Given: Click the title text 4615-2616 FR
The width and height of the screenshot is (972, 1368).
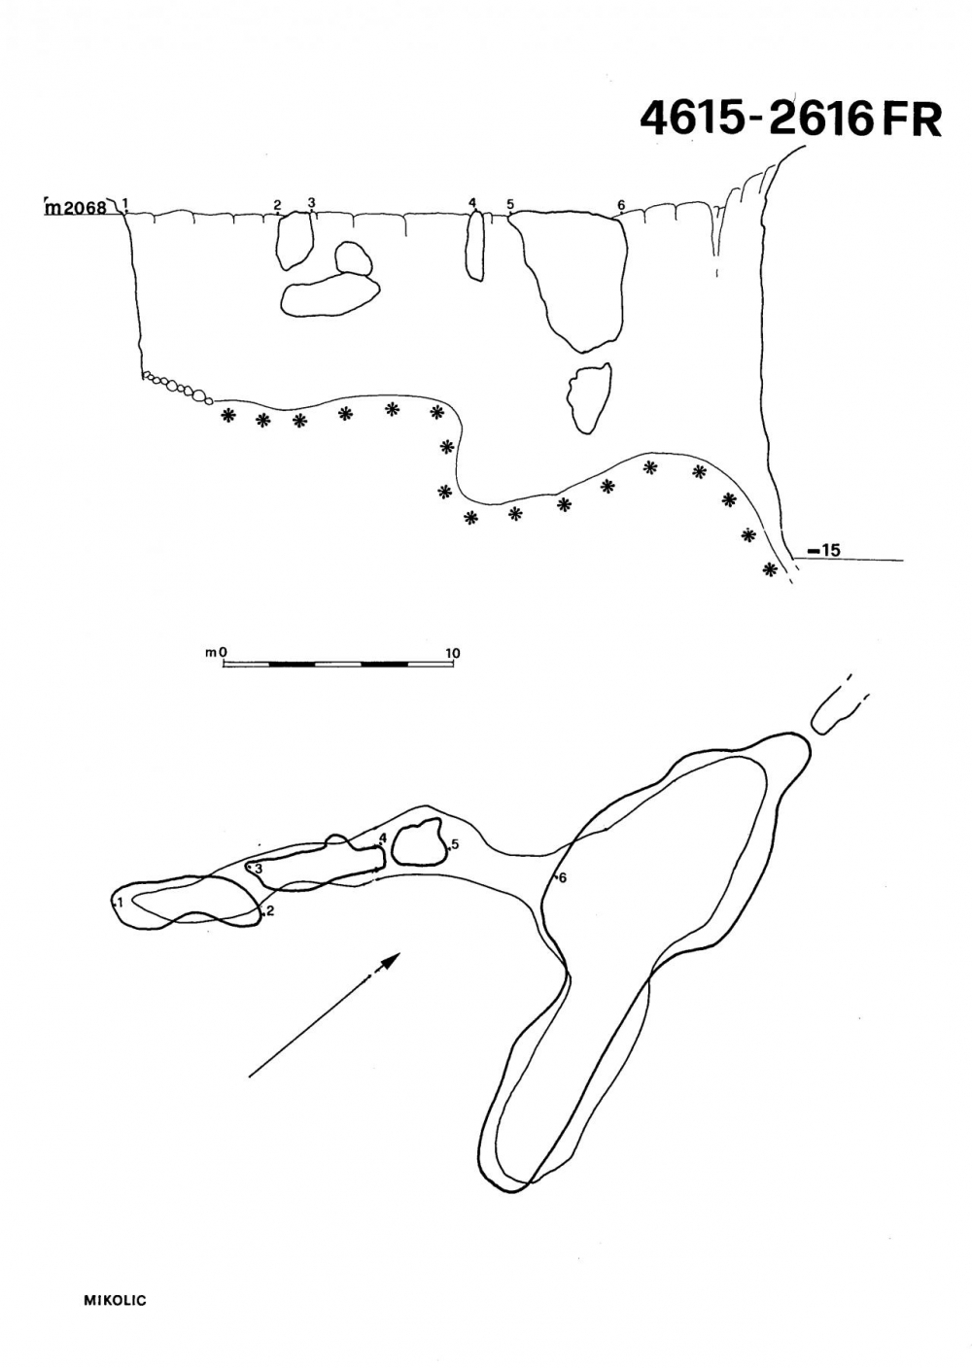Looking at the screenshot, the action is click(x=790, y=119).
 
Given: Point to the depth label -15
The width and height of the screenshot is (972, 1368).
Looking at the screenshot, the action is click(x=824, y=550).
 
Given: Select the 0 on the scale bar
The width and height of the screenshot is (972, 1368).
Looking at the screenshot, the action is click(x=224, y=652).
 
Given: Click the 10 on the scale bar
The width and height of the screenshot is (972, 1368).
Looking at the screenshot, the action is click(x=452, y=652).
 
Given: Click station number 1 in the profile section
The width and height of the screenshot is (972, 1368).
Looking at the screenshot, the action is click(x=125, y=202).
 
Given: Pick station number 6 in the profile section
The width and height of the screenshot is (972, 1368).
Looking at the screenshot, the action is click(x=621, y=205).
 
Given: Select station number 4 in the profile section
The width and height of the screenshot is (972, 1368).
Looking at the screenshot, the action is click(x=472, y=202).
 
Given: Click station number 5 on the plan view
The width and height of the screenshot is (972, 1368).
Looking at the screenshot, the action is click(x=455, y=845).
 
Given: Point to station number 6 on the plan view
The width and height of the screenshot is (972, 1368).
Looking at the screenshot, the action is click(x=563, y=878).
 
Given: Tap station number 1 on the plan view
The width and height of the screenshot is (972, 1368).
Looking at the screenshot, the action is click(x=121, y=902).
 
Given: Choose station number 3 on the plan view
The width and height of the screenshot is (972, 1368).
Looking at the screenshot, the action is click(x=259, y=868).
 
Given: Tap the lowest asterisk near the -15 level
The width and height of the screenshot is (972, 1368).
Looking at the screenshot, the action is click(x=770, y=569).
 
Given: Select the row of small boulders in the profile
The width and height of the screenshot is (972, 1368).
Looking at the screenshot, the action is click(x=177, y=387).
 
